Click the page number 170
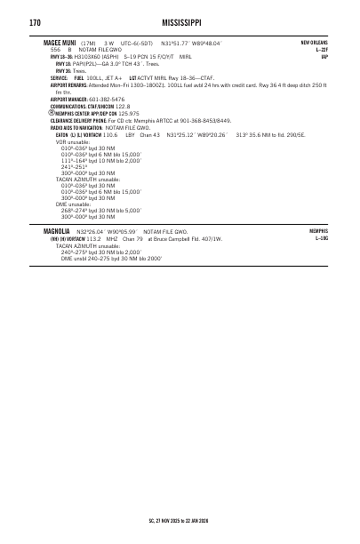tap(36, 21)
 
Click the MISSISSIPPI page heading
tap(180, 21)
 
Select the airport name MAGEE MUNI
tap(60, 42)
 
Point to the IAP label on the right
tap(324, 56)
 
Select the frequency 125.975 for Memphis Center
tap(128, 114)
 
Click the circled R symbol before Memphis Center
tap(51, 114)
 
